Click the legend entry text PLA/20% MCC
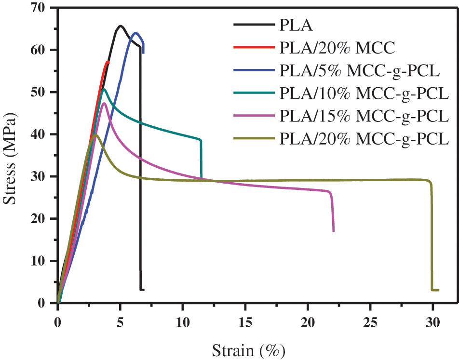tap(337, 47)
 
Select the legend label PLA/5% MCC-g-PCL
tap(360, 70)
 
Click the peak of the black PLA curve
tap(120, 26)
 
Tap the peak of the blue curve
tap(135, 33)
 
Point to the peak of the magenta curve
tap(104, 103)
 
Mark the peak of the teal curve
tap(104, 89)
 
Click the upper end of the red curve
tap(108, 62)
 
